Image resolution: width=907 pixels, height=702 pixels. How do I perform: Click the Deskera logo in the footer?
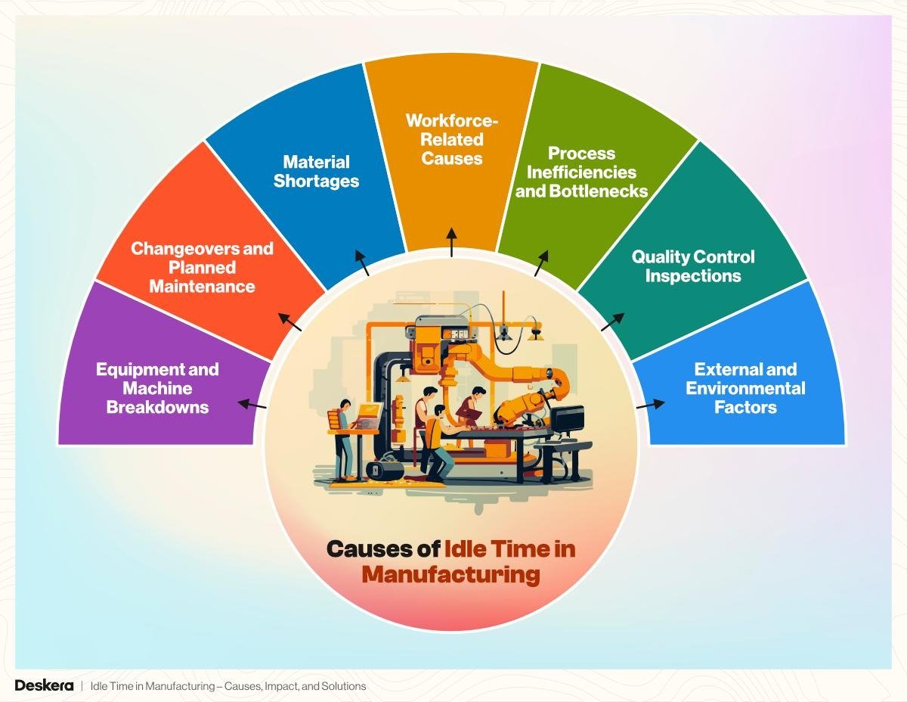[x=44, y=685]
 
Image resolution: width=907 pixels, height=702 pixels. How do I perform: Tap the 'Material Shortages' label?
[x=316, y=172]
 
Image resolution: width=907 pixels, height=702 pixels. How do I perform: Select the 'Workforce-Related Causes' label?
[x=452, y=139]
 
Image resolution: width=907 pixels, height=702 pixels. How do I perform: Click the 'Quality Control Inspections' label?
[x=693, y=266]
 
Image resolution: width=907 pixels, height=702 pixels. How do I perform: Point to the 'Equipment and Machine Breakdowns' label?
[x=157, y=388]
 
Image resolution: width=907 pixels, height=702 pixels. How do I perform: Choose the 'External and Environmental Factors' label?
[x=745, y=388]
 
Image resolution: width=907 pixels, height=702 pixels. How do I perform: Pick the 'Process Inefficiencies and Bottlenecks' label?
[x=581, y=172]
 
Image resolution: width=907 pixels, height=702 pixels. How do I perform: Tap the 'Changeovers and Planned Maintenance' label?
[x=202, y=268]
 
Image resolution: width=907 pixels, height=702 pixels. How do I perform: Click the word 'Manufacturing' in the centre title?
[x=450, y=575]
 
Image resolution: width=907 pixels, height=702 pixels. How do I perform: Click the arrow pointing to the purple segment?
[x=252, y=404]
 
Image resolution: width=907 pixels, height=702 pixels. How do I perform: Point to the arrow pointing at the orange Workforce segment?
[x=451, y=242]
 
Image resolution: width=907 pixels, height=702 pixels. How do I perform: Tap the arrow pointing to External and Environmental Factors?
[x=651, y=404]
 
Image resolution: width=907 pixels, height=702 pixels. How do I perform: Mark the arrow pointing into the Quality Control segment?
[x=613, y=321]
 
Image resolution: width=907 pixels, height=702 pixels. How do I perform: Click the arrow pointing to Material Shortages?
[x=362, y=262]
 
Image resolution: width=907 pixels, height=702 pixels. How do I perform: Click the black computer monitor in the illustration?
[x=567, y=420]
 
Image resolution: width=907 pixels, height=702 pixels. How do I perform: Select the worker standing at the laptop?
[x=344, y=440]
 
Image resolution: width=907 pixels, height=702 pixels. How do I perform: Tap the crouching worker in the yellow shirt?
[x=438, y=443]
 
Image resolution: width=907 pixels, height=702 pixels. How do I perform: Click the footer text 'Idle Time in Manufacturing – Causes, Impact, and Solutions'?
[x=228, y=686]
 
